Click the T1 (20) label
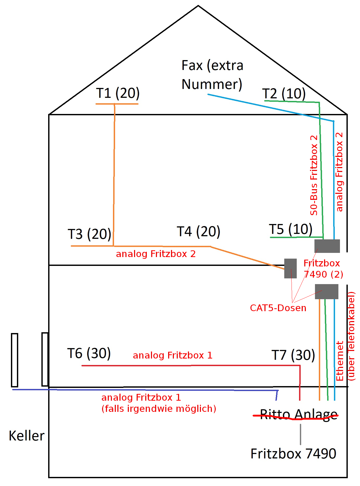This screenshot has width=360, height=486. tap(118, 93)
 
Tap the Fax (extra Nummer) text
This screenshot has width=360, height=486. tap(212, 75)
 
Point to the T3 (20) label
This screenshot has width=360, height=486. tap(89, 234)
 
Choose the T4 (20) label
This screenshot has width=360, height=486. tap(198, 231)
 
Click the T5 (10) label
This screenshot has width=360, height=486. tap(290, 229)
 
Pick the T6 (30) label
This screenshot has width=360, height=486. tap(89, 353)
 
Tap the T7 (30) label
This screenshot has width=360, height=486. tap(293, 355)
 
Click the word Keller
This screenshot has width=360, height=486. tap(27, 436)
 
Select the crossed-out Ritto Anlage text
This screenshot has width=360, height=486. tap(299, 414)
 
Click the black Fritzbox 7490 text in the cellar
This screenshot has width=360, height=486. tap(293, 454)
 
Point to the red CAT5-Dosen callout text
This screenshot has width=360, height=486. tap(278, 308)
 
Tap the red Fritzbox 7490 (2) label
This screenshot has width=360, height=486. tap(323, 269)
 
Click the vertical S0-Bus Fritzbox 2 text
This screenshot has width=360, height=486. tap(314, 175)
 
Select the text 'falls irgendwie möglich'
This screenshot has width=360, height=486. tap(159, 409)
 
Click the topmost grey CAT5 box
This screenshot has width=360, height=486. tap(327, 246)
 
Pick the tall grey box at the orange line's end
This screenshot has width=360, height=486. tap(290, 268)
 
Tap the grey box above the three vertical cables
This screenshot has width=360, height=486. tap(326, 291)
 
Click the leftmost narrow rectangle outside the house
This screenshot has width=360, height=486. tap(15, 360)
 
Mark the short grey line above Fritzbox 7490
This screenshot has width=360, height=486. tap(300, 434)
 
